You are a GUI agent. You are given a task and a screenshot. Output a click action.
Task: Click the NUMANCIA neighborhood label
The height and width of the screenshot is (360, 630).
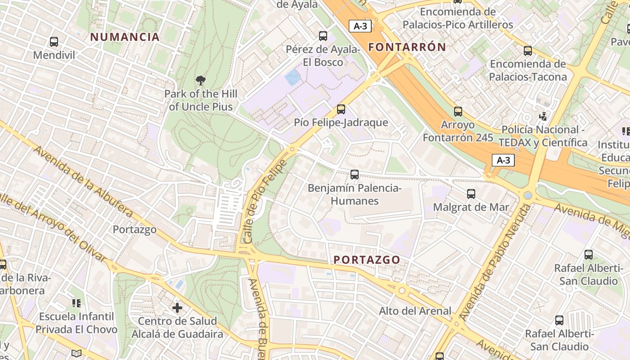tap(125, 37)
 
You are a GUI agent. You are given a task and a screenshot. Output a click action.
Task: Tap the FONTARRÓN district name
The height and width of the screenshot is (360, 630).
tap(407, 47)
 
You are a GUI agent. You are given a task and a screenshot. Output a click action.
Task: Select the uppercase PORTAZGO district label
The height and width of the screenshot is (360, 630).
tap(367, 260)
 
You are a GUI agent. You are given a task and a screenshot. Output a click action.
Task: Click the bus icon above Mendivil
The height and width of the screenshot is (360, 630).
tap(54, 42)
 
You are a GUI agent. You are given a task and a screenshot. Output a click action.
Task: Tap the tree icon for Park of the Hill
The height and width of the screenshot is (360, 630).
tap(201, 81)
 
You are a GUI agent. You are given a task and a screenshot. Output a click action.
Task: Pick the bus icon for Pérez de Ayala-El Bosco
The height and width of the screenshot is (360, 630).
tap(323, 36)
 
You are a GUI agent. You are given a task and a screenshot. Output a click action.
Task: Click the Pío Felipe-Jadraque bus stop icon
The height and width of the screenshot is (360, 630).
tap(341, 109)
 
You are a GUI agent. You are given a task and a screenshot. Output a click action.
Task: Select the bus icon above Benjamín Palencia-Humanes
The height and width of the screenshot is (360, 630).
tap(355, 174)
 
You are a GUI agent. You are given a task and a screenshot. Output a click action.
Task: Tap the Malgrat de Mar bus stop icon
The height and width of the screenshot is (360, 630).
tap(471, 194)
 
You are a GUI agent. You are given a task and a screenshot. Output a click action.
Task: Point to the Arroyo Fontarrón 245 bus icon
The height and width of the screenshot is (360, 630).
tap(458, 111)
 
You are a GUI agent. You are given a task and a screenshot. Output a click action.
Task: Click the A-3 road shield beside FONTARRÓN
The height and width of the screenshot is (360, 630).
tap(360, 26)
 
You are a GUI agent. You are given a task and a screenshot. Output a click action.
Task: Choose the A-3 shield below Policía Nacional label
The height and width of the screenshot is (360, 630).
tap(503, 160)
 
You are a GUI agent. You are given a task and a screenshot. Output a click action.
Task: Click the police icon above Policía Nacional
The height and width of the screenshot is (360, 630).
tap(543, 117)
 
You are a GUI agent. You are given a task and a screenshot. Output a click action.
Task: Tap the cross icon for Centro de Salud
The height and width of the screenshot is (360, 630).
tap(177, 308)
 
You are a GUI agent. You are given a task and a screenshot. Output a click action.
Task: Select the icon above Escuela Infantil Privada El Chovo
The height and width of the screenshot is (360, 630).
tap(76, 303)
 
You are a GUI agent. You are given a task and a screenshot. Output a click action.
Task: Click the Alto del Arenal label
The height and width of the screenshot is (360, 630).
tap(414, 310)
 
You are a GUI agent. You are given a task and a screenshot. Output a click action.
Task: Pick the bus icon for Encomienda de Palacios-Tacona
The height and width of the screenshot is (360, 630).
tap(527, 51)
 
